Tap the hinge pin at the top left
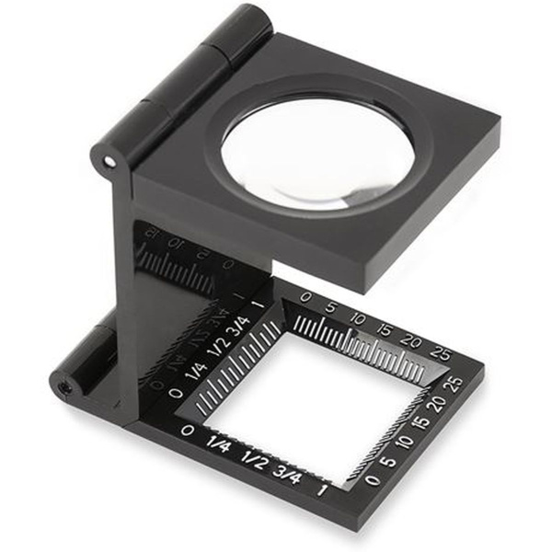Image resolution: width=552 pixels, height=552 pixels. tap(109, 162)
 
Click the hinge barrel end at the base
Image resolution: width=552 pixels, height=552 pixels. tap(65, 386)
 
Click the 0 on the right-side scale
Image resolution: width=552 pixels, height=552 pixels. tap(371, 479)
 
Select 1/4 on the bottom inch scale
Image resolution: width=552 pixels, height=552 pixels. tap(218, 445)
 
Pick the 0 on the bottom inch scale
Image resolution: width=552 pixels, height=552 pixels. tap(189, 431)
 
